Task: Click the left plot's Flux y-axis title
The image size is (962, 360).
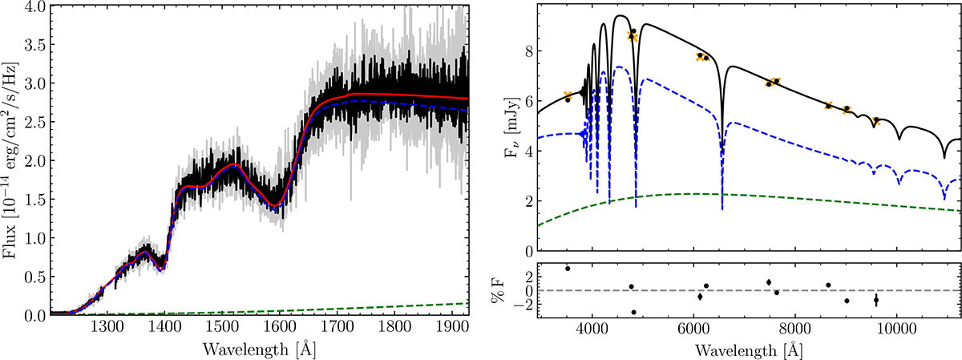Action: (11, 160)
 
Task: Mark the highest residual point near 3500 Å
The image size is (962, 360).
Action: (568, 268)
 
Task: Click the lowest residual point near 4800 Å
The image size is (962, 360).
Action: (634, 312)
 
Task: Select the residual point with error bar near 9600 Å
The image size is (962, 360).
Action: (876, 300)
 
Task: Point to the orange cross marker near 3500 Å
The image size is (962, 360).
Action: (568, 95)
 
